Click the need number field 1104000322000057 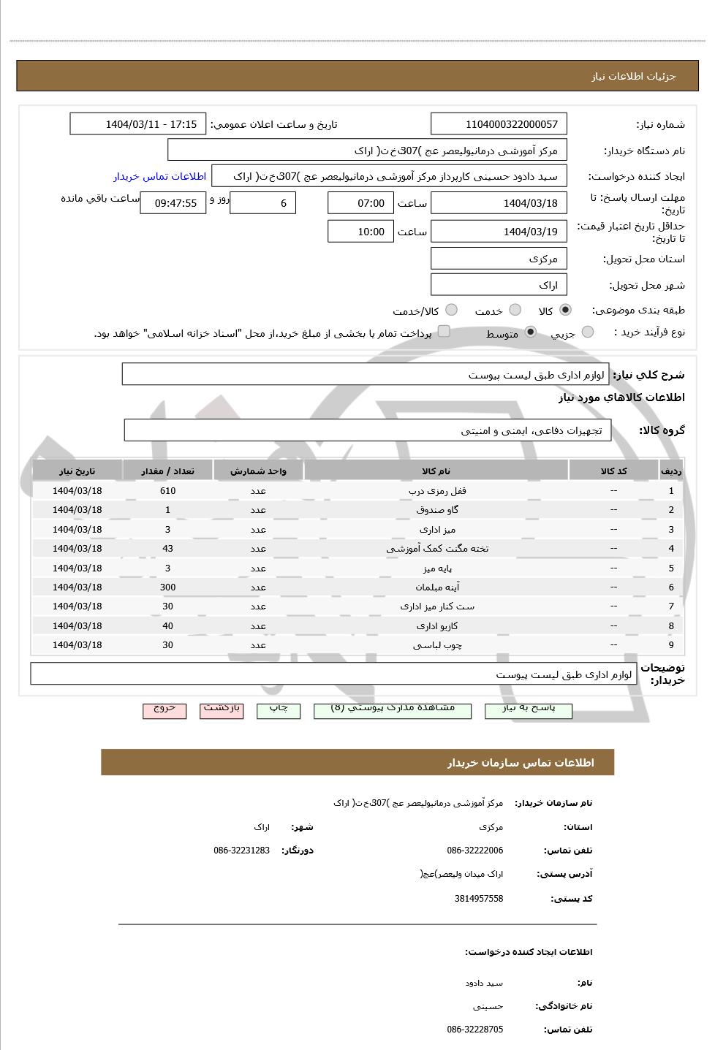point(499,124)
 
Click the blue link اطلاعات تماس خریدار point(159,176)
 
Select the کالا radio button point(565,310)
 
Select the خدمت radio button point(515,310)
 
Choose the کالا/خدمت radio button point(451,310)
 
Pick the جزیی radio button point(588,332)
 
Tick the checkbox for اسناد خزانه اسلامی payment point(444,332)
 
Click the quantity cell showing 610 point(167,491)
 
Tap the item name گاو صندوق point(436,510)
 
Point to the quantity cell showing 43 point(167,549)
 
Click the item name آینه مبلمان point(436,587)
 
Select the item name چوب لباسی point(436,645)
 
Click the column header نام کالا point(436,471)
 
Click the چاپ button point(279,709)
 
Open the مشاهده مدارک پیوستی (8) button point(393,709)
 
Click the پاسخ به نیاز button point(528,709)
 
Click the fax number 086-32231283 point(241,851)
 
